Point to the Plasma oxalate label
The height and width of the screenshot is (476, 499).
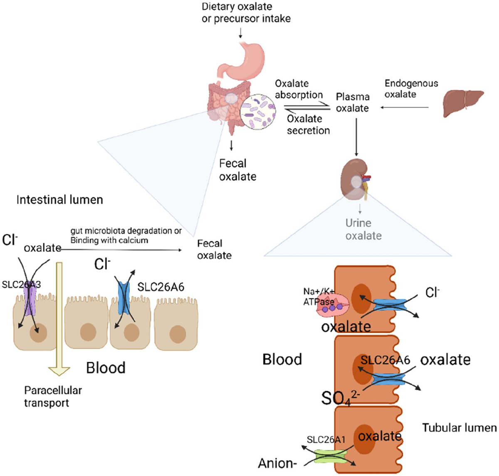pos(352,103)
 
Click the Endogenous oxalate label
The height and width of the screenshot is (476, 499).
pos(411,89)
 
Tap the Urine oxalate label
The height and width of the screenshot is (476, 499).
pos(363,229)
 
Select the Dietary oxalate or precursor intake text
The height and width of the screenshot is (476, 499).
pos(246,12)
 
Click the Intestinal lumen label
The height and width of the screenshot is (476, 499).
pos(59,200)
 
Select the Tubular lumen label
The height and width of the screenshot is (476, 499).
pos(459,428)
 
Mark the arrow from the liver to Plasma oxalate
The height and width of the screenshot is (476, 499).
pos(405,108)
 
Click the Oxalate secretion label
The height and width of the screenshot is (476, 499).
pos(308,125)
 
